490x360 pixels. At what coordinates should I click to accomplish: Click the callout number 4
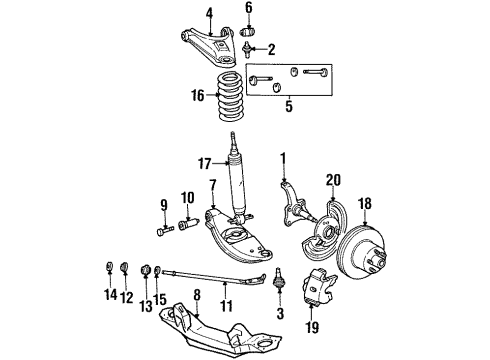coord(210,13)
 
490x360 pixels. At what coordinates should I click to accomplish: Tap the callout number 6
coord(249,8)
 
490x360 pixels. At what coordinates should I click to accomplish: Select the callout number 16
coord(198,96)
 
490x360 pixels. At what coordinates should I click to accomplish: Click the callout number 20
coord(332,180)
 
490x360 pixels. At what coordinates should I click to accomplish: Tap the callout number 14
coord(107,295)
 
